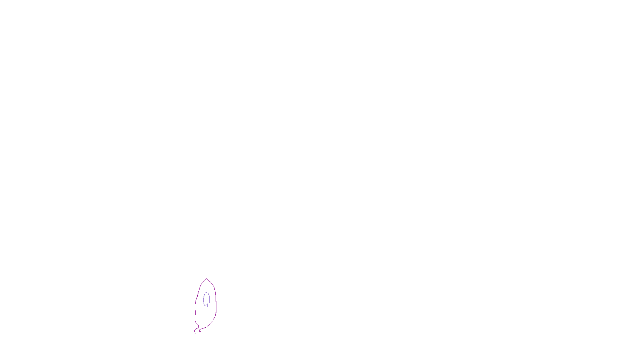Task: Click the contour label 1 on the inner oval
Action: click(207, 306)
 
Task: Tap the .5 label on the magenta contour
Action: click(200, 331)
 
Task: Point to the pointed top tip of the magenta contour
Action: click(206, 279)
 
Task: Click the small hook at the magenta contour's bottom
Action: click(196, 331)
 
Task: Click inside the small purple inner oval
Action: click(206, 298)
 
